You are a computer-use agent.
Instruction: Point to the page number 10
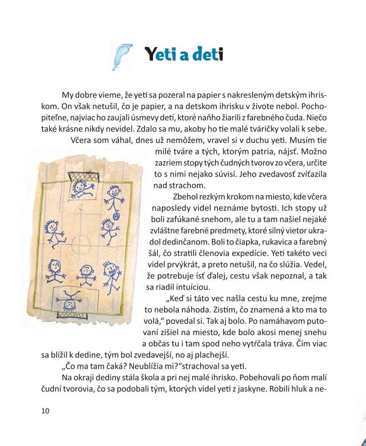45,411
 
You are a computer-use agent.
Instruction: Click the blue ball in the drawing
116,216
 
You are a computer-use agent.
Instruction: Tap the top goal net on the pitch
83,176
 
